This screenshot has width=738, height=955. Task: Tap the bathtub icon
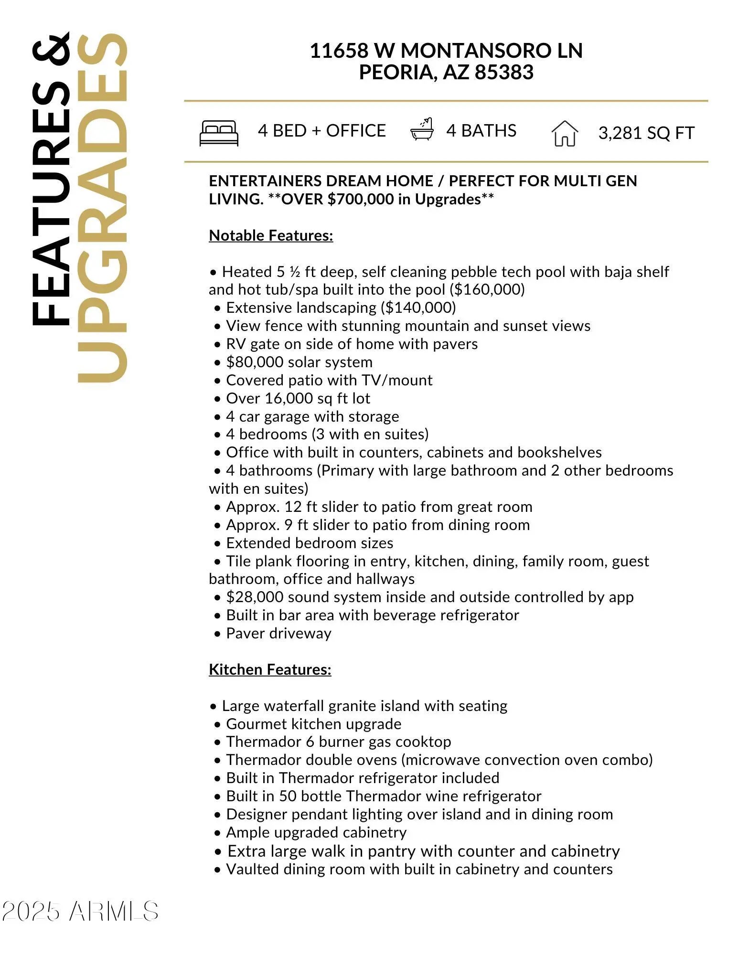pyautogui.click(x=422, y=129)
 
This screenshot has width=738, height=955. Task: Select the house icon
pyautogui.click(x=565, y=133)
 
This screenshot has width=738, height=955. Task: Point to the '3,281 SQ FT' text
pyautogui.click(x=646, y=133)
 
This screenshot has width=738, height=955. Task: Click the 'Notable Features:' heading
pyautogui.click(x=271, y=235)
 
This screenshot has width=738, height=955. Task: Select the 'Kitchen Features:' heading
pyautogui.click(x=270, y=669)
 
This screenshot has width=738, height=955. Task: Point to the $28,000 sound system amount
pyautogui.click(x=254, y=597)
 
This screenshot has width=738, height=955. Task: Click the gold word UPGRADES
pyautogui.click(x=103, y=208)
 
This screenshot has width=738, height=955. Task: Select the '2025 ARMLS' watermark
pyautogui.click(x=80, y=911)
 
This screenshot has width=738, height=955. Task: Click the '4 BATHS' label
pyautogui.click(x=481, y=130)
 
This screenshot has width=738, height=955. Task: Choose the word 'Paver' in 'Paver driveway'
pyautogui.click(x=245, y=633)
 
